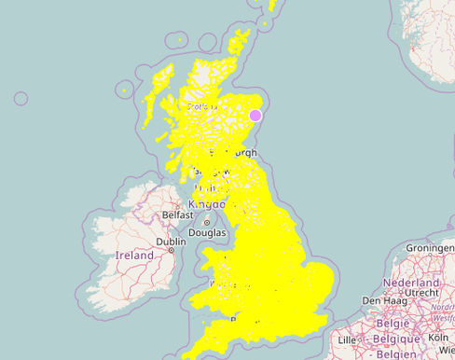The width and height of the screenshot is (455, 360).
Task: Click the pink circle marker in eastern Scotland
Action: (255, 116)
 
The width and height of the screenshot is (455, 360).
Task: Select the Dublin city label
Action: (172, 241)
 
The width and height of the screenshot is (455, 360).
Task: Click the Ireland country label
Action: (134, 255)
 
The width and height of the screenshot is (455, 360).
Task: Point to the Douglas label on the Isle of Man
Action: (207, 232)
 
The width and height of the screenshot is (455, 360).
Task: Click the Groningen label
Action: (430, 248)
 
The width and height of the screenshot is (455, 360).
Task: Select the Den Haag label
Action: (380, 301)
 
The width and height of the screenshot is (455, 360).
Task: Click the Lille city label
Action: (349, 341)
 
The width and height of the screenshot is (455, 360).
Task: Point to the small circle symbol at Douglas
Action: (207, 222)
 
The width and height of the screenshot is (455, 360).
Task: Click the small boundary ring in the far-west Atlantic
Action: (21, 98)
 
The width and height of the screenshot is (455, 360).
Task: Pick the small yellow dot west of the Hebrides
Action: (123, 90)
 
